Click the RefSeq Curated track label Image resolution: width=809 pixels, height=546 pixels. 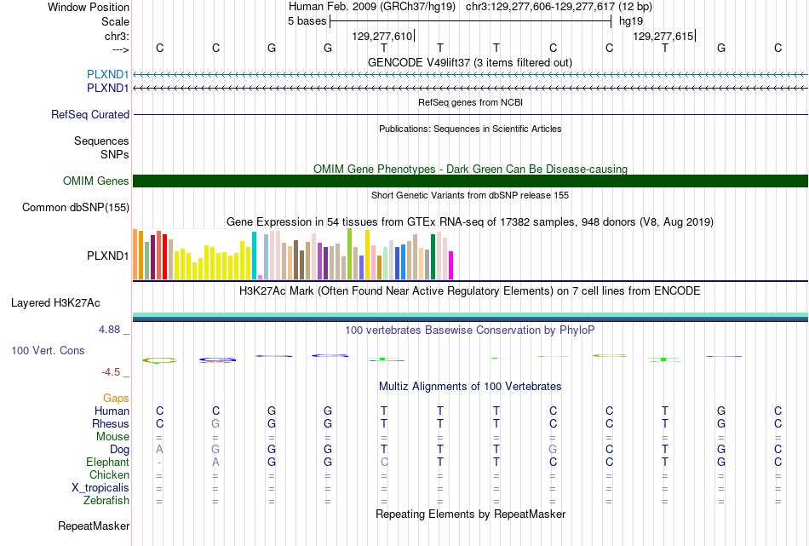pos(90,115)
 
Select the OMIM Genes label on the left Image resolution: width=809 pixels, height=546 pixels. pos(96,181)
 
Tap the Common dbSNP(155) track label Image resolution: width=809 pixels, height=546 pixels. pos(76,208)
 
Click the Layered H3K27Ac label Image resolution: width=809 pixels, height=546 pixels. pos(55,303)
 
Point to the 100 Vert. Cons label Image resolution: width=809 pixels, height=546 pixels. pos(48,351)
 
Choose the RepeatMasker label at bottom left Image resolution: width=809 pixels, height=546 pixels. pos(94,526)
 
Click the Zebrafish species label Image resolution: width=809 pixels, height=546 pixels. pos(106,501)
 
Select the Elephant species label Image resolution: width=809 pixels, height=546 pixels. pos(108,463)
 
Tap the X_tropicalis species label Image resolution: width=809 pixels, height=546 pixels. pos(100,488)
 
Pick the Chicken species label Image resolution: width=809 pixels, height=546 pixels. pos(109,475)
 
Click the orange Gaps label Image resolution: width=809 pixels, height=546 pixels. pos(116,399)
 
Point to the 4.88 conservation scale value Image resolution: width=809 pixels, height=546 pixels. pos(109,330)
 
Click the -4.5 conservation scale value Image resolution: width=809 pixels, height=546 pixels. pos(111,372)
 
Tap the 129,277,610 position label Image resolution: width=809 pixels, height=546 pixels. pos(382,36)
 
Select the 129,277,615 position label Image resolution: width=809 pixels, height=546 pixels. pos(663,36)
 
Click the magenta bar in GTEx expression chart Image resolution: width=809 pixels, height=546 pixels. pos(451,265)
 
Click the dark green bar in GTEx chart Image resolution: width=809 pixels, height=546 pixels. pos(433,257)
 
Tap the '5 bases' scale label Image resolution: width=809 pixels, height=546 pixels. pos(307,21)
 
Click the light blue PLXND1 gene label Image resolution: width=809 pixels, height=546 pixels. pos(108,75)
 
